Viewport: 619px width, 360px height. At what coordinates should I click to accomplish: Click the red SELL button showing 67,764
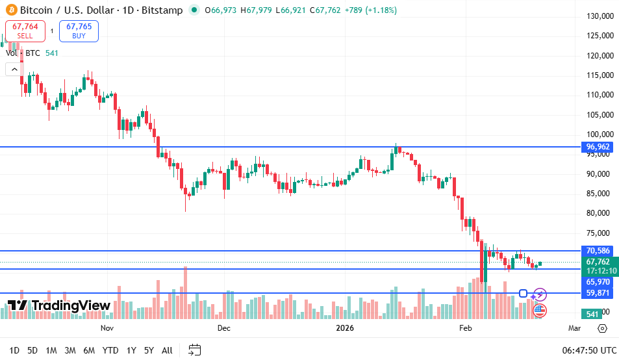pos(25,31)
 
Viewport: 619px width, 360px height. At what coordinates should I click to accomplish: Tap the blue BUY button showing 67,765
pos(79,31)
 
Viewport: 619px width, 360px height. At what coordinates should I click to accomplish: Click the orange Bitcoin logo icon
pos(10,10)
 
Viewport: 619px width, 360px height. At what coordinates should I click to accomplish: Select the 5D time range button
pos(32,350)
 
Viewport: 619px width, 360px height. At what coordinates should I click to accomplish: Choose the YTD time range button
pos(110,350)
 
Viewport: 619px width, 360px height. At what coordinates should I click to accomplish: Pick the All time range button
pos(167,350)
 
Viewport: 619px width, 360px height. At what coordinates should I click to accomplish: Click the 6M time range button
pos(89,350)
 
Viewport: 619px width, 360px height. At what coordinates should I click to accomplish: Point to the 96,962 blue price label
pos(598,147)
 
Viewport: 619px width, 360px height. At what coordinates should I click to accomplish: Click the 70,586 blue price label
pos(598,251)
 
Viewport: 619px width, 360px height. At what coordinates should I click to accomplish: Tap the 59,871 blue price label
pos(598,293)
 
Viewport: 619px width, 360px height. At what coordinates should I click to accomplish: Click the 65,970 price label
pos(598,282)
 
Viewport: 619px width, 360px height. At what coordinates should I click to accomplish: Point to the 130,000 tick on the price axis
pos(600,16)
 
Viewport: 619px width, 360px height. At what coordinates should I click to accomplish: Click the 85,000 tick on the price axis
pos(600,194)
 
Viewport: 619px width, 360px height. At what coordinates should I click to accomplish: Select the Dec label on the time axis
pos(224,329)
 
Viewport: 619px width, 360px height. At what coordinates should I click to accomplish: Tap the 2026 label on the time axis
pos(345,329)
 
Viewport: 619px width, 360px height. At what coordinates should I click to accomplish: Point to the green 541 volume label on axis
pos(592,315)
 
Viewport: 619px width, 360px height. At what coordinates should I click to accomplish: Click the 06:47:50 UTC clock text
pos(589,350)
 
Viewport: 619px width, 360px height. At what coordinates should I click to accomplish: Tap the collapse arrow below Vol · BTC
pos(13,69)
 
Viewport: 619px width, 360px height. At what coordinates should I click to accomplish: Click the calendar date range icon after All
pos(194,350)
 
